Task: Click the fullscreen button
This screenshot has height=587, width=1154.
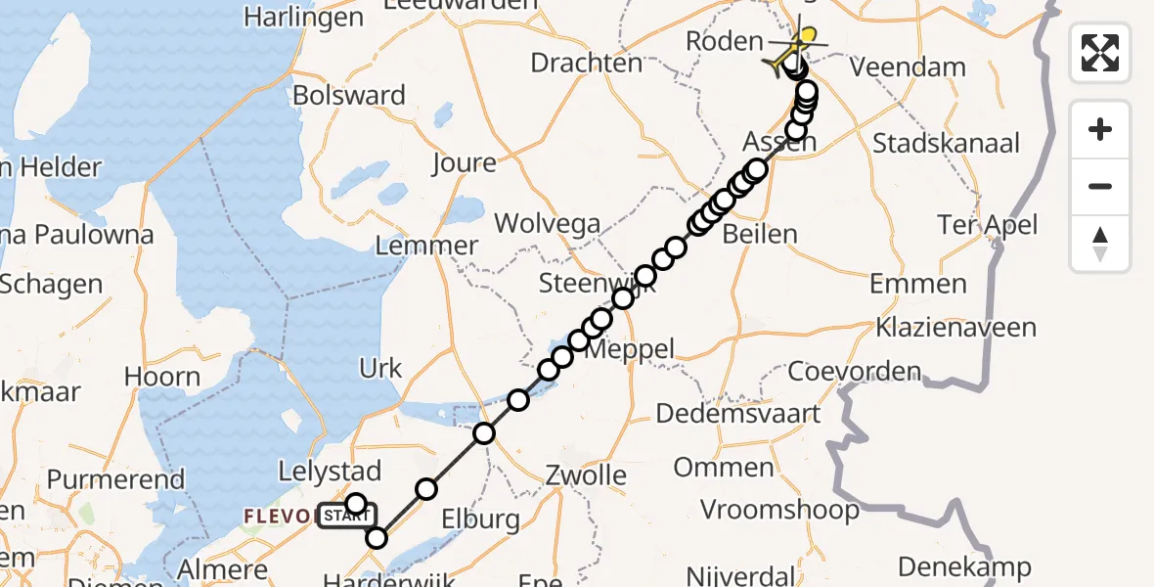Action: tap(1100, 52)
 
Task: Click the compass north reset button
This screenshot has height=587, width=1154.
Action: tap(1100, 244)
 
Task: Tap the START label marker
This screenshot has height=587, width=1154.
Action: tap(345, 516)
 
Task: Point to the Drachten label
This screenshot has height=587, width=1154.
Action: tap(587, 63)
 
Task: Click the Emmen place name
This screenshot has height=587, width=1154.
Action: tap(918, 284)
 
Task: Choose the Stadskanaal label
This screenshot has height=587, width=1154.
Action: tap(946, 144)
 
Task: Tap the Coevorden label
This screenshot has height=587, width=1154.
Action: tap(854, 372)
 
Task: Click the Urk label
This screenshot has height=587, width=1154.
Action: tap(380, 368)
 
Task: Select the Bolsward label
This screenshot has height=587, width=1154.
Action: tap(349, 95)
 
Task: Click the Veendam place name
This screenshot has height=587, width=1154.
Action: tap(908, 68)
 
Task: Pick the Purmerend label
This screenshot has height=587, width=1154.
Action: tap(115, 478)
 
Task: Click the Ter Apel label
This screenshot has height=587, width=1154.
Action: tap(987, 225)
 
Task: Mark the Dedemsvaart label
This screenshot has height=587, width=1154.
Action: tap(738, 413)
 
